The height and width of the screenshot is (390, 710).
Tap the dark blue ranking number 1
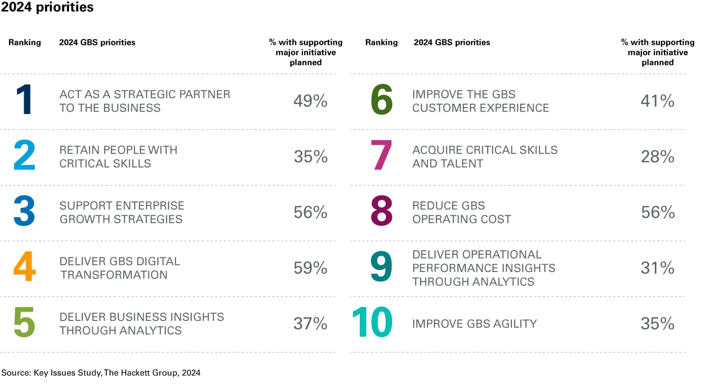coord(24,101)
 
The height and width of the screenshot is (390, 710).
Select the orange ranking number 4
coord(24,268)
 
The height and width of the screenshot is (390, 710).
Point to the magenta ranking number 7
coord(381,156)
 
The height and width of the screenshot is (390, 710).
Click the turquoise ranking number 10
coord(372,323)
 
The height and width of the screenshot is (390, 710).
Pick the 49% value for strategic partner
coord(310,101)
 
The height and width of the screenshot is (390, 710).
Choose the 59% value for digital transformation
coord(310,268)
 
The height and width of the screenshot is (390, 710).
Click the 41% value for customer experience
coord(657,101)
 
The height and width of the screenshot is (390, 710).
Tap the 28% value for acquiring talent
coord(657,156)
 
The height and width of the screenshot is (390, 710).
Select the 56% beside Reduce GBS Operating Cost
coord(657,212)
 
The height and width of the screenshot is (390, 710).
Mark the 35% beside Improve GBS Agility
coord(657,324)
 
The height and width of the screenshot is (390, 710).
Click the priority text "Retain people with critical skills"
coord(118,156)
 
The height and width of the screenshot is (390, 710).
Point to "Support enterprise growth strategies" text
coord(122,212)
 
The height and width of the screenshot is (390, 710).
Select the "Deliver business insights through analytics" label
coord(142,323)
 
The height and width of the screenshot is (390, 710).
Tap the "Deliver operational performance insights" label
coord(484,268)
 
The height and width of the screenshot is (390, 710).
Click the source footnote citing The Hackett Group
coord(101,373)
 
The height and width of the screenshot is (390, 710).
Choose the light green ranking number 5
coord(24,323)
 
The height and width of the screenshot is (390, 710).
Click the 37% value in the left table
coord(310,324)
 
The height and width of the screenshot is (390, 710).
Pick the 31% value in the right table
coord(657,268)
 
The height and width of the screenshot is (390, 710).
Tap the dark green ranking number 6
coord(381,101)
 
